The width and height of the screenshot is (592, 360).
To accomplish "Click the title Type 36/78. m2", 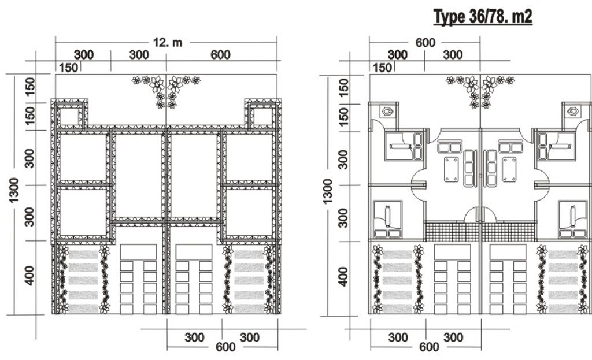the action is click(483, 17).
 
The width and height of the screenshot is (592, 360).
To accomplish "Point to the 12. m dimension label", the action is click(167, 42).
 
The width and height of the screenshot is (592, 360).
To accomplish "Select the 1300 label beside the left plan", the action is click(14, 190).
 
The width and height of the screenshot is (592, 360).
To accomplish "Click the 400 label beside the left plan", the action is click(29, 276).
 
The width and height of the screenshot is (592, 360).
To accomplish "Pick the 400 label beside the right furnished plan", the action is click(343, 277).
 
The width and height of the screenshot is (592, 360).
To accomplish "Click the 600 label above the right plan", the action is click(425, 43).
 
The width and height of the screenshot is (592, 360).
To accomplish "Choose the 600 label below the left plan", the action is click(225, 347).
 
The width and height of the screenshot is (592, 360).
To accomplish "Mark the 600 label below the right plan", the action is click(430, 347).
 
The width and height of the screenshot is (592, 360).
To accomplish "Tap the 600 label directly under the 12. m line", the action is click(220, 55).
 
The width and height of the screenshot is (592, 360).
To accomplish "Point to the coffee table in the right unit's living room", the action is click(509, 169).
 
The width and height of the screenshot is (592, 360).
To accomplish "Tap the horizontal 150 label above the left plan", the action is click(68, 68).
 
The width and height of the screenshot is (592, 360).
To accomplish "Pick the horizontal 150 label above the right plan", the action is click(382, 68).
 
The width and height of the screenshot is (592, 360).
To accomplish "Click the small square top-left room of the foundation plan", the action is click(69, 116).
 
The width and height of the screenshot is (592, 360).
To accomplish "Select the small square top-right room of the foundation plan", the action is click(263, 116).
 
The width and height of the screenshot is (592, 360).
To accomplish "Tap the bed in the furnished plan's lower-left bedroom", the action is click(388, 219).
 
